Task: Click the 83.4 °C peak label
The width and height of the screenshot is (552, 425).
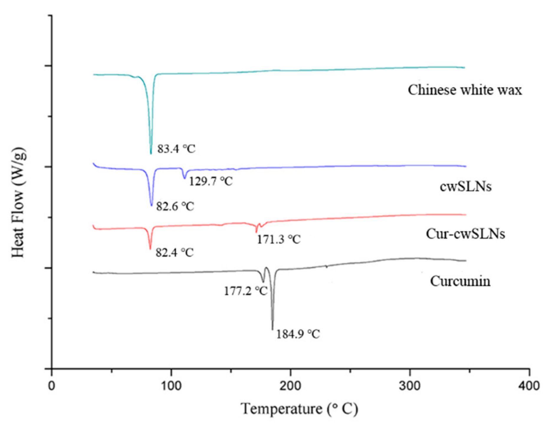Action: point(176,149)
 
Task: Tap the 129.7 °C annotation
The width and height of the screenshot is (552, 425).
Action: point(211,181)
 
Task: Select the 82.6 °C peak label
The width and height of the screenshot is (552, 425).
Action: point(175,206)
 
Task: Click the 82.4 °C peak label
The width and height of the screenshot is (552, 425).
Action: point(175,253)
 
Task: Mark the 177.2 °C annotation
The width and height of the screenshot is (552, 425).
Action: point(246,291)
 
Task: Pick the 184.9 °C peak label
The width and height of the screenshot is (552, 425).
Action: point(298,334)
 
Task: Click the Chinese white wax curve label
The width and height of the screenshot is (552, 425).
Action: point(465,90)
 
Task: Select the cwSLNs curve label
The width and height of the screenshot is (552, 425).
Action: point(466,187)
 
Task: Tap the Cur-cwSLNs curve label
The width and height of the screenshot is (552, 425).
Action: point(465,234)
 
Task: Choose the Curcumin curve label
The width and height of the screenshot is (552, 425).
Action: point(460,281)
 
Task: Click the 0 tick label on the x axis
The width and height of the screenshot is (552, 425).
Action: point(52,386)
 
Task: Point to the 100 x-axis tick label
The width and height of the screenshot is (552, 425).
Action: point(171,386)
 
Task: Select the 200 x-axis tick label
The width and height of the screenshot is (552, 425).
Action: point(290,386)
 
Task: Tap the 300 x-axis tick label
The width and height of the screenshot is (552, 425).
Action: point(410,386)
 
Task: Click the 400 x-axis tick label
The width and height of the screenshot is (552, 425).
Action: point(529,386)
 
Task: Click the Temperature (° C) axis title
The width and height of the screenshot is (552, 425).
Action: point(299,409)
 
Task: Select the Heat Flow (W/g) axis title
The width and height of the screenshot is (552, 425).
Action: point(18,202)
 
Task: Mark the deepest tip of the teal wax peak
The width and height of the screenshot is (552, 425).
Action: point(151,153)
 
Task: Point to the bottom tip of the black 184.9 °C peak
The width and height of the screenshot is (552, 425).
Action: point(272,329)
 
